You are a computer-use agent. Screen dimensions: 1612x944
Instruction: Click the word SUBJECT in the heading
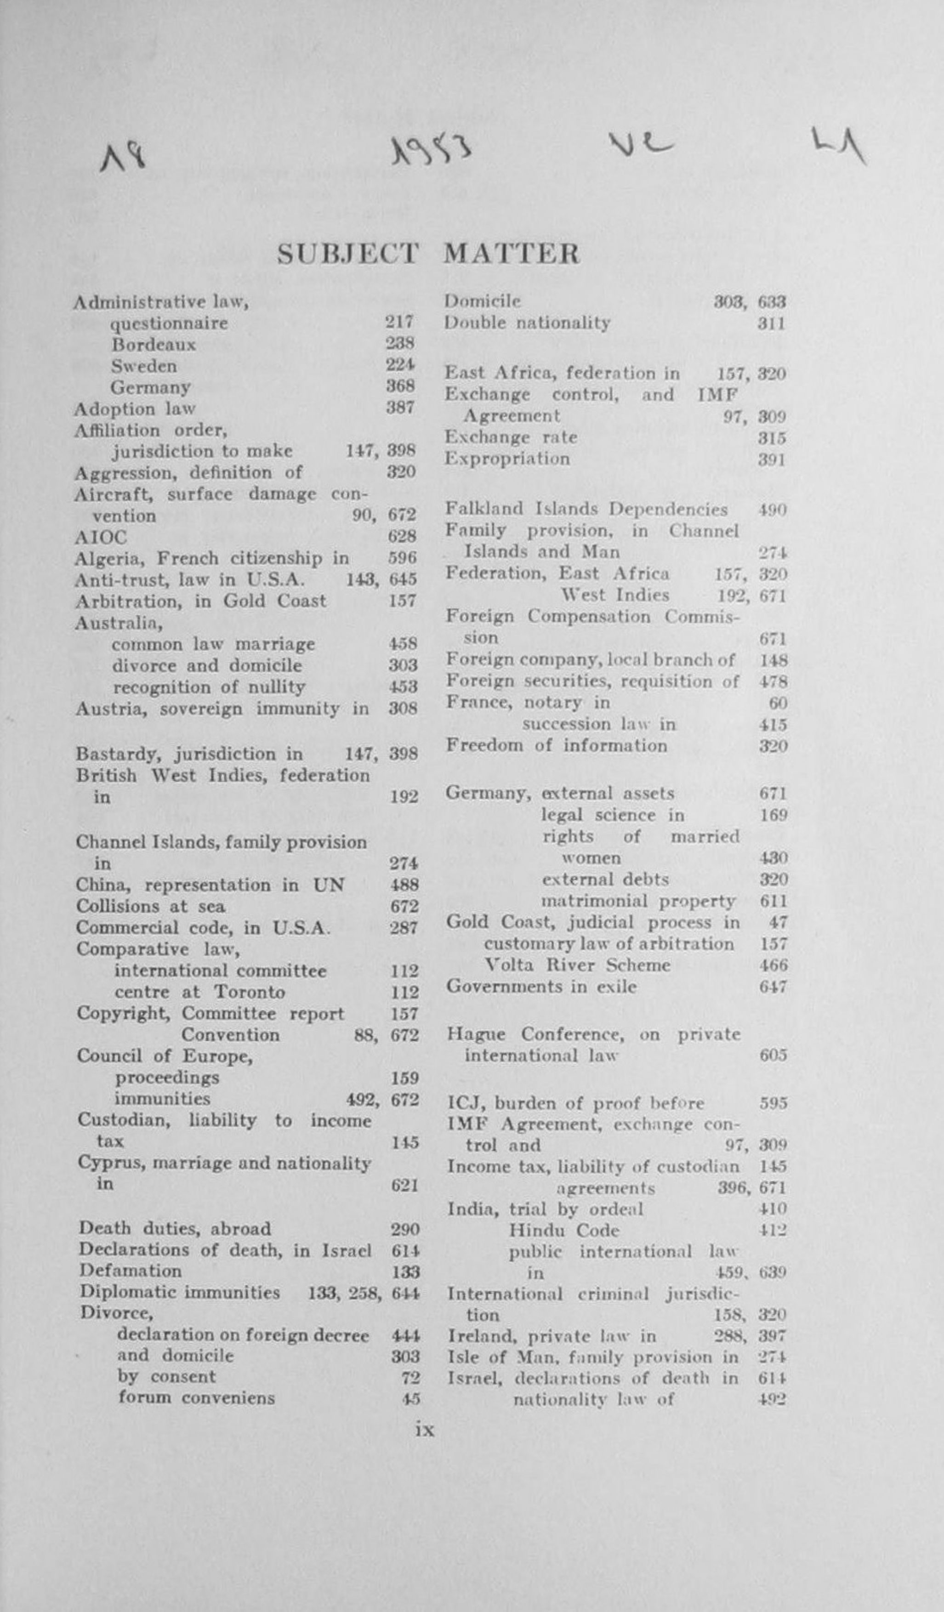[x=347, y=254]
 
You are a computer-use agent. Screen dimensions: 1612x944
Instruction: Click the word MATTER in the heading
[x=511, y=254]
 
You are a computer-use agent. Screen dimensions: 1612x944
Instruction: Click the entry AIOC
[x=100, y=537]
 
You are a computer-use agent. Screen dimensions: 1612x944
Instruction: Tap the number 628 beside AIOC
[x=402, y=536]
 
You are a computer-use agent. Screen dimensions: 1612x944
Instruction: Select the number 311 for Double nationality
[x=771, y=323]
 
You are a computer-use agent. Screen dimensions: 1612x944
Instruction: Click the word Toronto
[x=249, y=992]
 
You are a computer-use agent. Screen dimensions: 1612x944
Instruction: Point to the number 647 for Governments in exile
[x=773, y=987]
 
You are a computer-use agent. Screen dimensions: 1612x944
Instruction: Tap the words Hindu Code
[x=563, y=1230]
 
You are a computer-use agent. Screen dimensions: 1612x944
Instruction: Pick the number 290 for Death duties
[x=405, y=1229]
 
